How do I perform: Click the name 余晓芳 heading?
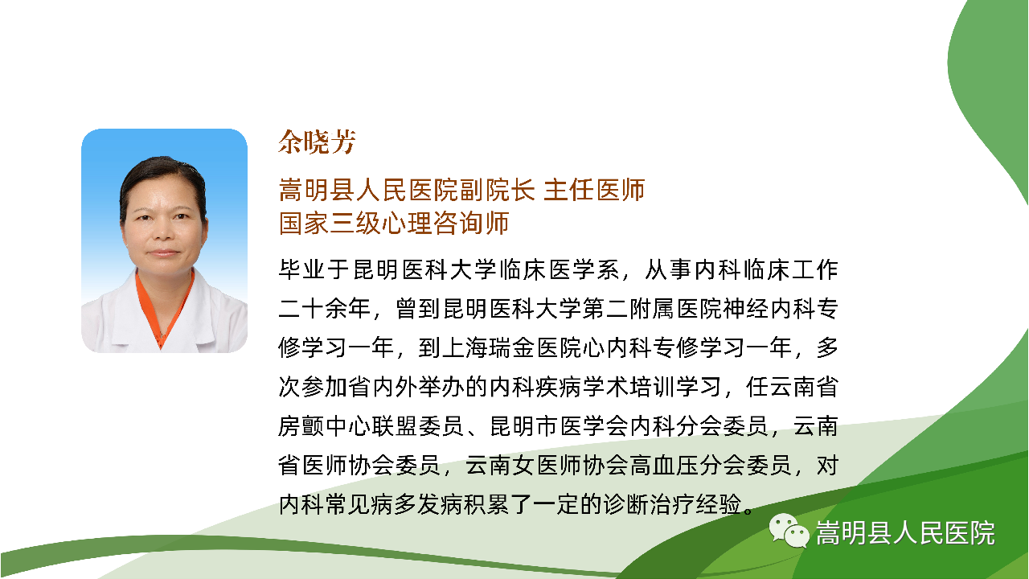point(317,142)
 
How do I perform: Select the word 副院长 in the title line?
point(498,190)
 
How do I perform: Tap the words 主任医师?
point(594,190)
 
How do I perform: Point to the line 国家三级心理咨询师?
point(394,224)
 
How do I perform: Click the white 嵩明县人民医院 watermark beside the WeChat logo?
point(905,533)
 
